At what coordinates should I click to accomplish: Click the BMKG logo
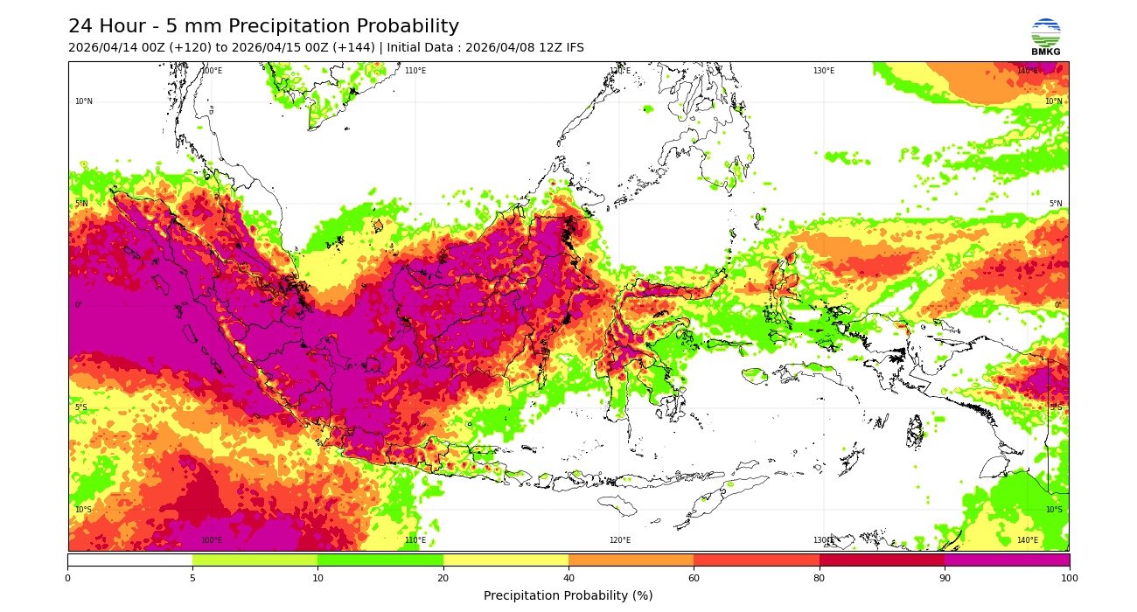click(1045, 37)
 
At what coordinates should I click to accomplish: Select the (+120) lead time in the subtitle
click(185, 48)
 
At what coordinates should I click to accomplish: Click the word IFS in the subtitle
click(573, 48)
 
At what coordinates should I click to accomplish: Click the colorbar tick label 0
click(67, 578)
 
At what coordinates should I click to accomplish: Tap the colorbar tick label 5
click(192, 578)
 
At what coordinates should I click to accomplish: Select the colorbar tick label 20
click(443, 578)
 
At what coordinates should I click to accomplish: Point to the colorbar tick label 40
click(568, 578)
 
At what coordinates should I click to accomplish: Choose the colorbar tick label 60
click(694, 578)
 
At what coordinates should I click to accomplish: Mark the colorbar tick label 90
click(944, 578)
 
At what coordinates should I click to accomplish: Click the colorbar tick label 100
click(1069, 578)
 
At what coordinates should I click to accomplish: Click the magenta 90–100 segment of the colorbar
click(1006, 560)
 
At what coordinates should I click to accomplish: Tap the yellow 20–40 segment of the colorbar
click(506, 560)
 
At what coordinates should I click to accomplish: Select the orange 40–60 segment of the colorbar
click(631, 560)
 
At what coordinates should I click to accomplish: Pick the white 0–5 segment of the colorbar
click(129, 560)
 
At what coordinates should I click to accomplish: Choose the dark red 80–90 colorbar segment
click(882, 560)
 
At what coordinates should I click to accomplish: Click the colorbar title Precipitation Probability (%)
click(568, 596)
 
